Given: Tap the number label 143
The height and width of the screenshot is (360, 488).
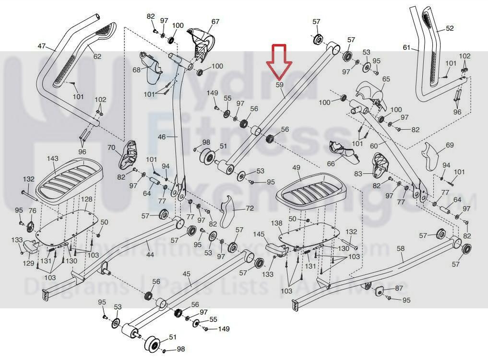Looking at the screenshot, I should (53, 159).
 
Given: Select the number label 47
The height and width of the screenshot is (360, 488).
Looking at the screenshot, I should (42, 46).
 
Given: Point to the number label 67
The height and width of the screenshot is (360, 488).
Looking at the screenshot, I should (215, 22).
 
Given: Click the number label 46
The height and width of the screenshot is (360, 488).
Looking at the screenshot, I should (162, 137).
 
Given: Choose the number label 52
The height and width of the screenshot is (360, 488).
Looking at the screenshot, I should (450, 28).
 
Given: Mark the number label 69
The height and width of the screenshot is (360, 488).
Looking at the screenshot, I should (450, 145).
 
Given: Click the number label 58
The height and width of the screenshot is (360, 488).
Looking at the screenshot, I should (401, 248).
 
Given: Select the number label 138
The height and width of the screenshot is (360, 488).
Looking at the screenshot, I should (277, 223).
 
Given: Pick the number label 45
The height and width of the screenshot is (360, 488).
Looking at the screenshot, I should (187, 274).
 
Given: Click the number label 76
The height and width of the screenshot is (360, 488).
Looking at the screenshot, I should (32, 211).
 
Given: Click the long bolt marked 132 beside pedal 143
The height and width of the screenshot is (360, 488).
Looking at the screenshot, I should (30, 194).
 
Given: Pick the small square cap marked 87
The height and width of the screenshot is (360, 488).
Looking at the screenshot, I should (378, 291).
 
